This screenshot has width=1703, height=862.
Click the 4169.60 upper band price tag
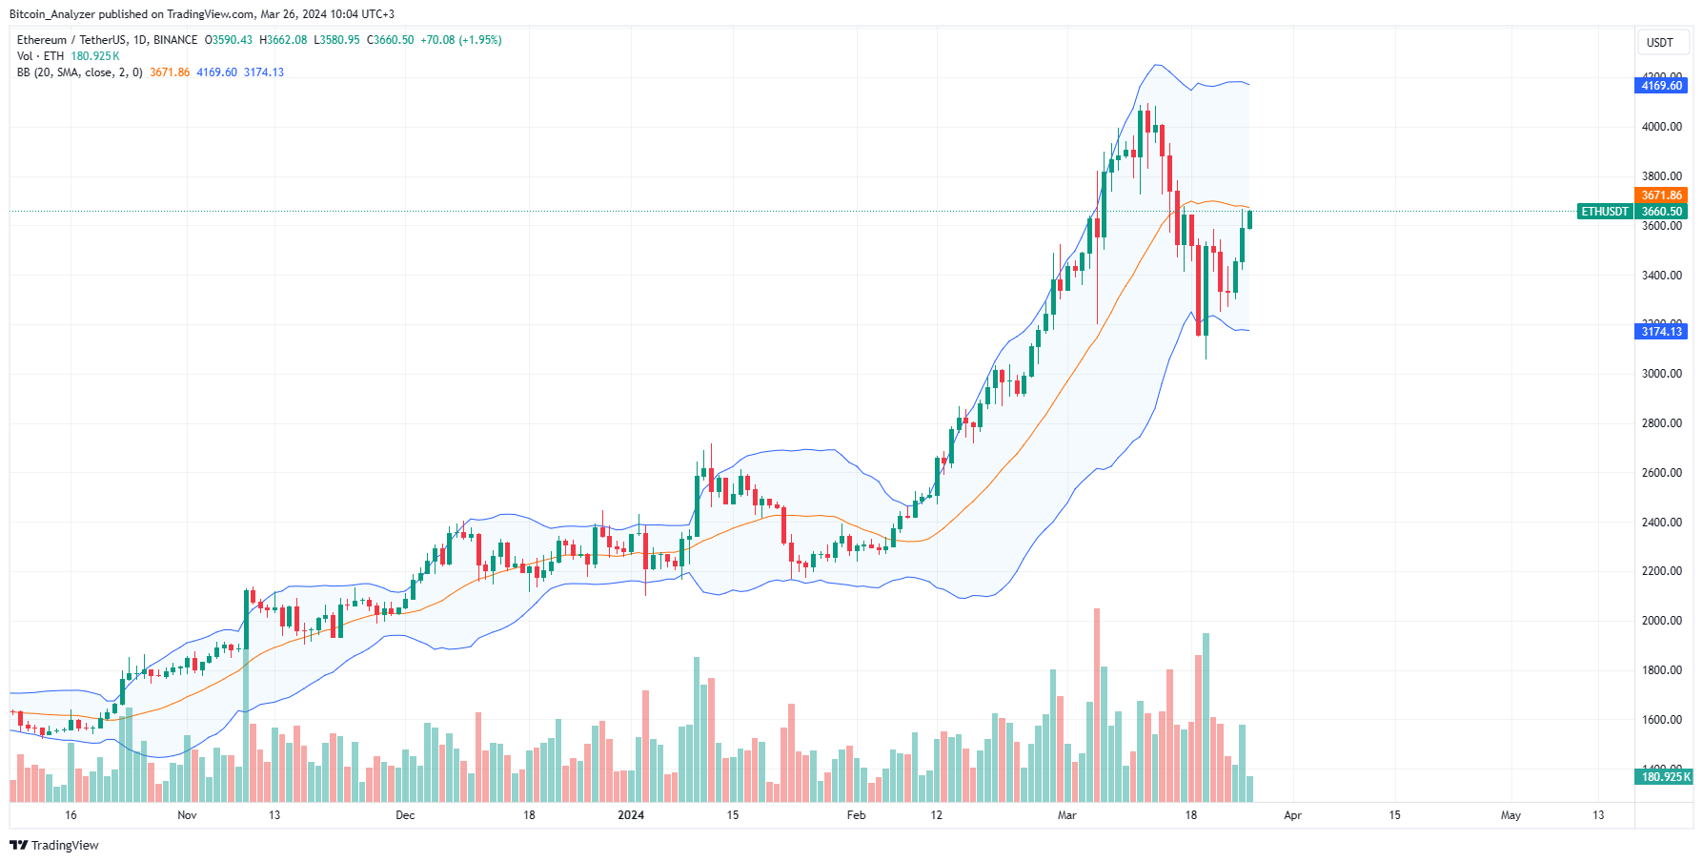point(1662,86)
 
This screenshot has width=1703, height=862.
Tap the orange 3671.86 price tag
point(1662,195)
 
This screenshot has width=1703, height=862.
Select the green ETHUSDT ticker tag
point(1605,212)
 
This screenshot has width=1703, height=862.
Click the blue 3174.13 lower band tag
point(1662,332)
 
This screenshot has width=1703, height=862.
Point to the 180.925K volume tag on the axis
point(1665,777)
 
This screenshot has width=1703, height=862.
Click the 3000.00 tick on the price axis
point(1661,374)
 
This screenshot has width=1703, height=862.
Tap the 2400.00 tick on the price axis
point(1661,523)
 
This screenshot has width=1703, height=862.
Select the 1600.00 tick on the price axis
point(1661,720)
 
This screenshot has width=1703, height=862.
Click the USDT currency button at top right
point(1659,43)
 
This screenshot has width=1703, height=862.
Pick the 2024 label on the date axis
point(631,815)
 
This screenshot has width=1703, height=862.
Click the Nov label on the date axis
point(187,815)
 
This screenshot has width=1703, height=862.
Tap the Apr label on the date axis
point(1292,815)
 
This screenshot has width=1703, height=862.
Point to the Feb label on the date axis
point(856,815)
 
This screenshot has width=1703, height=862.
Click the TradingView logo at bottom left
point(54,846)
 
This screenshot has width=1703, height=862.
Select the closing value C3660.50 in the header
point(391,40)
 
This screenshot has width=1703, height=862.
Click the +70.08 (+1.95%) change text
point(461,40)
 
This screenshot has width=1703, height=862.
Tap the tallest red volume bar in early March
point(1097,706)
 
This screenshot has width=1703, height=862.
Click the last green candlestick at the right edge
point(1249,220)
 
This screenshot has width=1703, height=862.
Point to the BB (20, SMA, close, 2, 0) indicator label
point(80,72)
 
